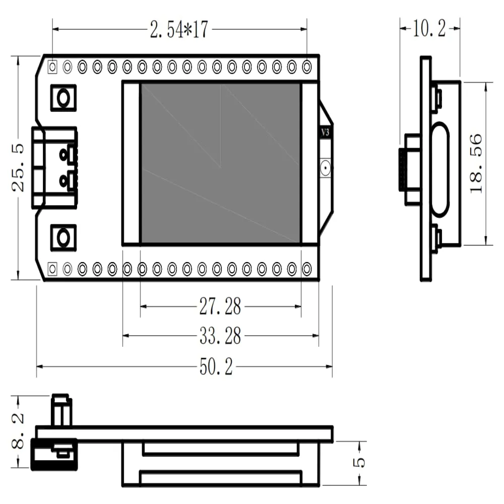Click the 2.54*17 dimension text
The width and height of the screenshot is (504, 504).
coord(179,30)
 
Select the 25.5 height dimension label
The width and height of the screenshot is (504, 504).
coord(19,168)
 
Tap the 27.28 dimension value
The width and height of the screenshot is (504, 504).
coord(220,306)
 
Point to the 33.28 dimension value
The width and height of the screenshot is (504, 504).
coord(220,336)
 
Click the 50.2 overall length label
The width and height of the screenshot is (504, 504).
coord(216,367)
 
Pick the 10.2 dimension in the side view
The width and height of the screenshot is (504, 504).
coord(429,29)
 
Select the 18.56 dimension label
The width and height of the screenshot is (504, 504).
coord(476,163)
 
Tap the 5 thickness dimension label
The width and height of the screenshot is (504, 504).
coord(360,463)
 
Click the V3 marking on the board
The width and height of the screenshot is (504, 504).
coord(326,133)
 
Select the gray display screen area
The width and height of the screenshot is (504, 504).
coord(220,163)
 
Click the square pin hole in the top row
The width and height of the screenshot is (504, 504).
coord(52,66)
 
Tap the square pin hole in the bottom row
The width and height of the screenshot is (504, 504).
coord(52,269)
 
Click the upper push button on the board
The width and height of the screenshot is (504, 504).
coord(64,97)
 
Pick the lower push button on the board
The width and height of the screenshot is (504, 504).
coord(64,237)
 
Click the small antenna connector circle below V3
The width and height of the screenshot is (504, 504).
coord(326,166)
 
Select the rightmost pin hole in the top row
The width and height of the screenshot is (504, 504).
coord(306,66)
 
